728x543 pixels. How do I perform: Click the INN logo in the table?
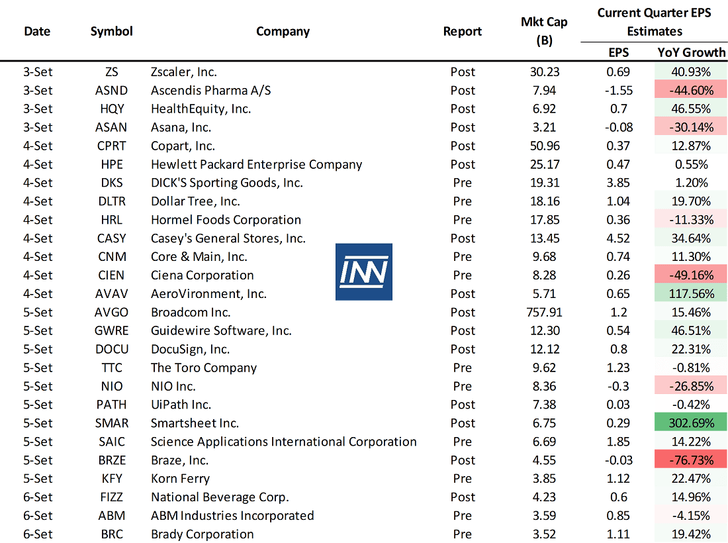point(363,271)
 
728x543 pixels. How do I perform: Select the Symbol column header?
point(111,31)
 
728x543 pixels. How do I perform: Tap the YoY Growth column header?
point(691,52)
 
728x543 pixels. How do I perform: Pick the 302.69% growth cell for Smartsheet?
point(691,423)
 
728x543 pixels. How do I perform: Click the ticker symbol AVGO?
point(111,312)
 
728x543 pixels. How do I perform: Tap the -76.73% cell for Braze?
point(691,460)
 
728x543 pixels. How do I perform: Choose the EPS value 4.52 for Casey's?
point(619,238)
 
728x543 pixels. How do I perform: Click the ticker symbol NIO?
point(111,386)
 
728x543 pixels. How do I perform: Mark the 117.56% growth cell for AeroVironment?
point(691,293)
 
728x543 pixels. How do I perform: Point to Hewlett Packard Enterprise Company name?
point(256,164)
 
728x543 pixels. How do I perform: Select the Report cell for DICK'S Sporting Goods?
point(463,183)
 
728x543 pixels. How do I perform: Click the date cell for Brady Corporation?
point(38,534)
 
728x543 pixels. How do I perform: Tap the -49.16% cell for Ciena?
point(691,275)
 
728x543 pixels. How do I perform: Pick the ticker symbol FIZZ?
point(111,497)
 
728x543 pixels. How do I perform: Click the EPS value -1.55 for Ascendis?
point(619,90)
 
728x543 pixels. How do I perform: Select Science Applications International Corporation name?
point(283,442)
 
